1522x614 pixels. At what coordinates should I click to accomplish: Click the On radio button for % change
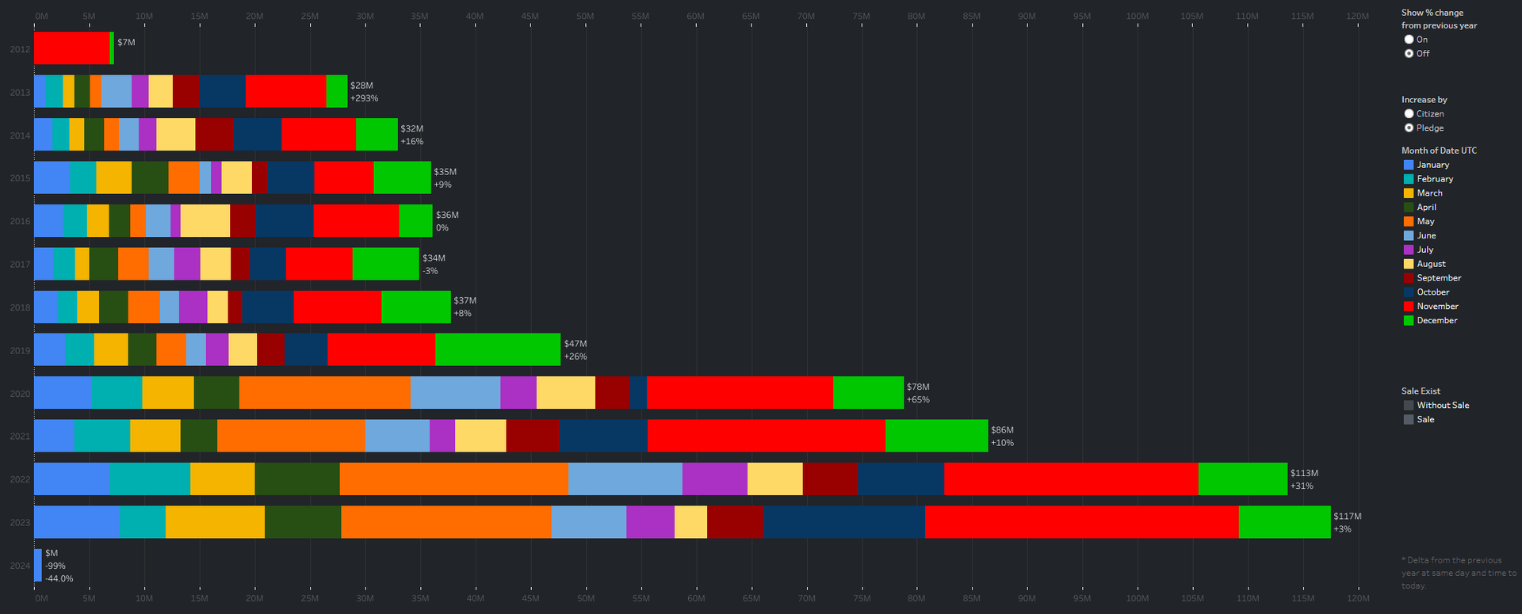(1409, 40)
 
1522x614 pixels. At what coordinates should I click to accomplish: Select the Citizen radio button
(1409, 114)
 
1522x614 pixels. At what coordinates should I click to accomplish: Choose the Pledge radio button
(1409, 128)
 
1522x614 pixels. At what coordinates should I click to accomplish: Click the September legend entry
(1438, 278)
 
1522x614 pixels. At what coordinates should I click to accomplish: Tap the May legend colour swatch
(1409, 222)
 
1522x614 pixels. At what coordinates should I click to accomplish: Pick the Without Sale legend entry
(1442, 406)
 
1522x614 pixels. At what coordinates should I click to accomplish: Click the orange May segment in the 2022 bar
(453, 479)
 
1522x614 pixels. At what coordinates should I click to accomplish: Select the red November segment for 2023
(1081, 522)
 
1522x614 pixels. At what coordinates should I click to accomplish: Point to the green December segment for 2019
(497, 350)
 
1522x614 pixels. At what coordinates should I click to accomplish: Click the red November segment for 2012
(71, 48)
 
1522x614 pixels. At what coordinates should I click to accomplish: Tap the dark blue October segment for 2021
(602, 436)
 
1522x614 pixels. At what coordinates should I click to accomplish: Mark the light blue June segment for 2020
(455, 393)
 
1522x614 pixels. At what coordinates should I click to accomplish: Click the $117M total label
(1347, 517)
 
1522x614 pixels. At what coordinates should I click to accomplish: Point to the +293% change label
(364, 98)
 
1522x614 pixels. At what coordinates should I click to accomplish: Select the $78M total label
(918, 387)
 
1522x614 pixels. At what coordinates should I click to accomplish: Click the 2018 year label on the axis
(20, 307)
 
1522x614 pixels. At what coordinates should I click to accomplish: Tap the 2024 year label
(20, 566)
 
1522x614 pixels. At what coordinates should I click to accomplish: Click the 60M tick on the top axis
(695, 17)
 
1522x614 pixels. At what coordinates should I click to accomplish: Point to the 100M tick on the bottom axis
(1137, 598)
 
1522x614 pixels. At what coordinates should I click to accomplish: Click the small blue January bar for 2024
(38, 565)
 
